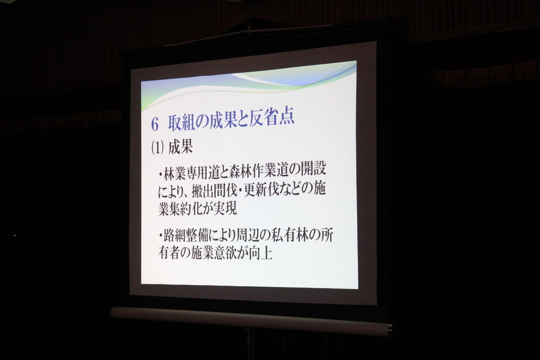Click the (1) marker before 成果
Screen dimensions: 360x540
click(157, 148)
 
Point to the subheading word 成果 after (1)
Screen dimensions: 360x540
click(181, 148)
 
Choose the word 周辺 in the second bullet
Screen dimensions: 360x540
click(254, 234)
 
